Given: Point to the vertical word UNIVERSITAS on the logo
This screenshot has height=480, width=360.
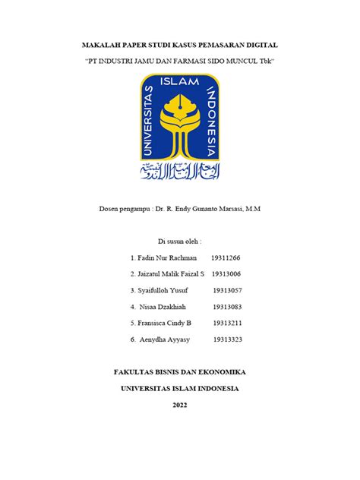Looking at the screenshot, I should (x=148, y=122).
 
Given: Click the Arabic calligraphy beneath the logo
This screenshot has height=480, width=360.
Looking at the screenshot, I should (x=180, y=172).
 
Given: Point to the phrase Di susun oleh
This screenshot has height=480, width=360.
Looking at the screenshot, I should (x=179, y=241).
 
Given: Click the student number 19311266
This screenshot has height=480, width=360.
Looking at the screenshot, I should (x=227, y=257).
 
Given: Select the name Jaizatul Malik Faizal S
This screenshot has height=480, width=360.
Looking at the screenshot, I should (x=171, y=273).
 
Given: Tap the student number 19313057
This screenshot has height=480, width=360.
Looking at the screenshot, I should (x=228, y=290).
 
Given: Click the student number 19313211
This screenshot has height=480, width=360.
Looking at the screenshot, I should (x=228, y=323).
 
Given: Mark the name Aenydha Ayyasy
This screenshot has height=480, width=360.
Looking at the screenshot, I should (x=165, y=339).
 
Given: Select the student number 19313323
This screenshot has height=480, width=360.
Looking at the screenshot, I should (x=228, y=339).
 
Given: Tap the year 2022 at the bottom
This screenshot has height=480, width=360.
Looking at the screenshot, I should (x=179, y=405).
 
